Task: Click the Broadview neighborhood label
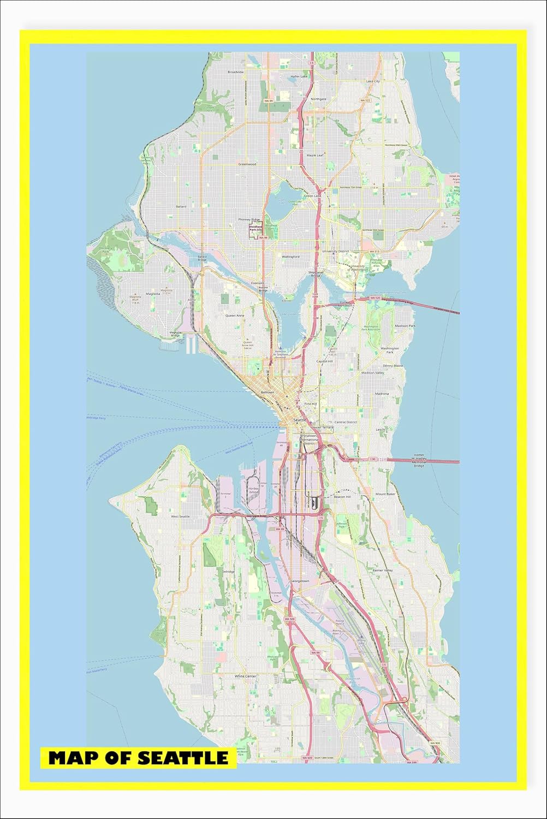(236, 72)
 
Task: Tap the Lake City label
(373, 81)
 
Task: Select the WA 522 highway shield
(365, 100)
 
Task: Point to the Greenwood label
(247, 163)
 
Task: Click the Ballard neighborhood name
(181, 206)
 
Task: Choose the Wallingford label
(290, 256)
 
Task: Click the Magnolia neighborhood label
(153, 294)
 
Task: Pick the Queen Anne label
(235, 315)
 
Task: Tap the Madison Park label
(405, 326)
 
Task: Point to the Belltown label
(267, 392)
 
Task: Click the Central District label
(345, 422)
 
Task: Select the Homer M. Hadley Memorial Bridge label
(419, 460)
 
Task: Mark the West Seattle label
(180, 516)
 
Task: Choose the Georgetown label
(300, 581)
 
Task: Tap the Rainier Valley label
(382, 571)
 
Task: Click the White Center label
(245, 676)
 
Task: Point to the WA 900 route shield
(435, 743)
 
